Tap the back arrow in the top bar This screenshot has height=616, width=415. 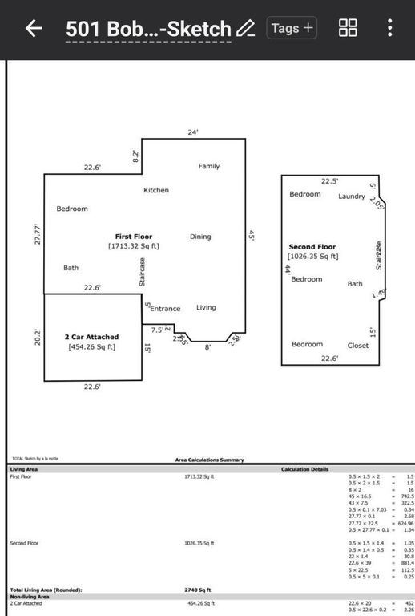point(34,29)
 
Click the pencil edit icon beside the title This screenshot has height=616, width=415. point(245,29)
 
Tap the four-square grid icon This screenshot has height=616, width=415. point(348,29)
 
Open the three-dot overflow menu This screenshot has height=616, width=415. point(389,29)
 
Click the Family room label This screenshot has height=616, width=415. point(209,166)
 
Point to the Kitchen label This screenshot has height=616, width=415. point(156,190)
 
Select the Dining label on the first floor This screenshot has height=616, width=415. point(200,237)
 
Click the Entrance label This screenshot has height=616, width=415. point(166,309)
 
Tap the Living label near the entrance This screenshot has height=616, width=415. point(206,307)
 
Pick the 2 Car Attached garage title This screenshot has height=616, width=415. point(91,337)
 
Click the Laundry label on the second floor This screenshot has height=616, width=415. point(351,197)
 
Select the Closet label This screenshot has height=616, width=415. point(358,346)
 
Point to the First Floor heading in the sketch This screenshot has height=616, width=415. point(134,237)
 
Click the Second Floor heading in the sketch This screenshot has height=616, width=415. point(312,247)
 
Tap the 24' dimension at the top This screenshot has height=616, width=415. point(192,132)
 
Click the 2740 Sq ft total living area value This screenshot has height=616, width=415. point(198,590)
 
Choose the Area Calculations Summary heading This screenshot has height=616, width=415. point(209,460)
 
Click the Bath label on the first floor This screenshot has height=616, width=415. point(71,268)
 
